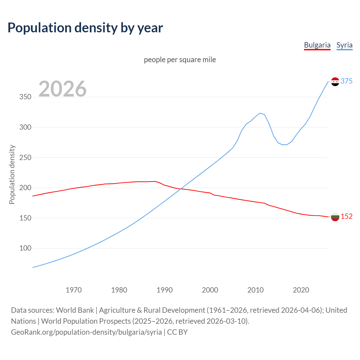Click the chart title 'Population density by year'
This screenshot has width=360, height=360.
click(x=85, y=28)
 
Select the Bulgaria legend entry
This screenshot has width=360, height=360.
click(x=317, y=45)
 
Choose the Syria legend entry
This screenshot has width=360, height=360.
click(x=344, y=45)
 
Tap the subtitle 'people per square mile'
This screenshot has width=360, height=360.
click(x=180, y=60)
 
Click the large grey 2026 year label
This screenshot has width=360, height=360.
click(x=62, y=89)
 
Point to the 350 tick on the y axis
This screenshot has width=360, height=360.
click(x=25, y=97)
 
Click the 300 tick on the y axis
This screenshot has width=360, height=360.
click(x=25, y=127)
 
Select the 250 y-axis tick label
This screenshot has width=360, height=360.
click(x=25, y=157)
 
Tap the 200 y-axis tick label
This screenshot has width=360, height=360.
click(x=25, y=188)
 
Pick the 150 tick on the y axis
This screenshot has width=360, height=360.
click(x=25, y=218)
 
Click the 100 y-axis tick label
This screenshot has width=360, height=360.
click(x=25, y=248)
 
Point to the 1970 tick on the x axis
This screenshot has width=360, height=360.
click(x=74, y=290)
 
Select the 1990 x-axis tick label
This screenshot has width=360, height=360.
click(x=165, y=290)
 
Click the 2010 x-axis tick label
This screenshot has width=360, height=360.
click(x=255, y=290)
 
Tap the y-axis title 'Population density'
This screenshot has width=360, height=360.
click(x=12, y=174)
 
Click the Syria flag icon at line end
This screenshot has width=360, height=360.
click(x=335, y=82)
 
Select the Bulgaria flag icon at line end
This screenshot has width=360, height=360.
click(x=335, y=217)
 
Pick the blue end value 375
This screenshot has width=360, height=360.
click(x=346, y=81)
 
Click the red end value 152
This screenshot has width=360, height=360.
click(x=346, y=216)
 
